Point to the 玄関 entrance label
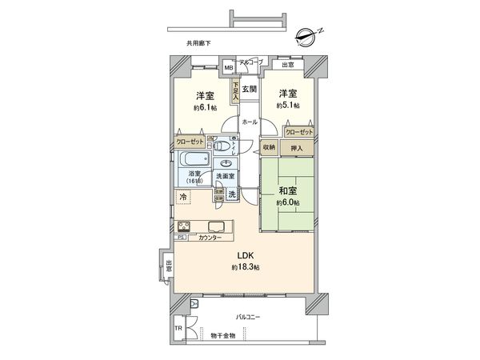(249, 89)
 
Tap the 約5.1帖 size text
(288, 106)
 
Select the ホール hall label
(249, 122)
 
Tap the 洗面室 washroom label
(225, 175)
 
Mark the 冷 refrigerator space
(183, 196)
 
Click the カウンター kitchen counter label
(210, 238)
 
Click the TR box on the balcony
(179, 329)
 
